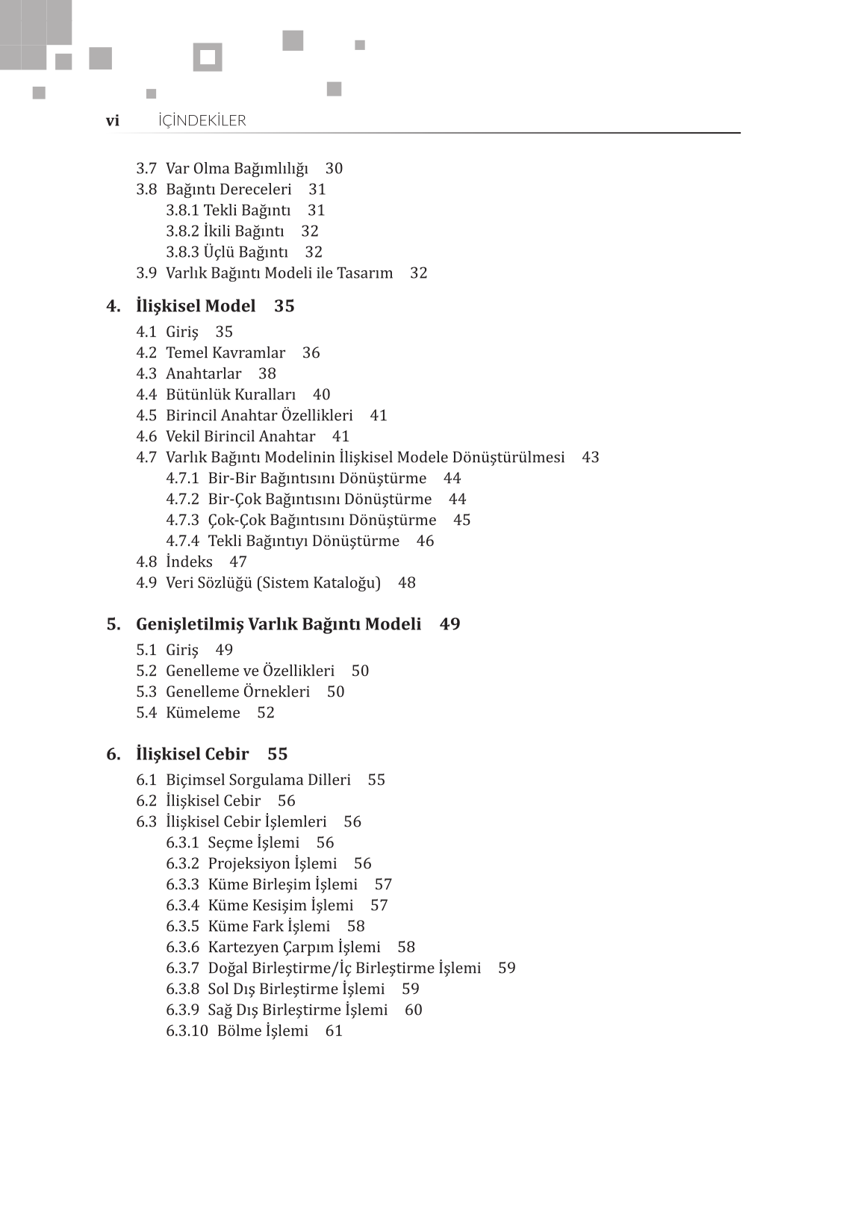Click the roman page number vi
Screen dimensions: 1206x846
click(x=112, y=121)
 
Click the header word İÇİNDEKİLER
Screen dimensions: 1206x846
click(x=202, y=121)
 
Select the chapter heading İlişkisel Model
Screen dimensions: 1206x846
click(x=196, y=306)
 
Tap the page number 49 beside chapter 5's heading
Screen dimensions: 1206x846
click(x=450, y=624)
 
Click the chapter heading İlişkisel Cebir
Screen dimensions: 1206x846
click(x=193, y=754)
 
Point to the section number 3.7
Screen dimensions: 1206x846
click(x=146, y=169)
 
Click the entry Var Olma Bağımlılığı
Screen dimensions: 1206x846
click(x=237, y=169)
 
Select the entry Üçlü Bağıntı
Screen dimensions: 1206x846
click(x=246, y=252)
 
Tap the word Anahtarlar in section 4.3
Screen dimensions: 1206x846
click(x=204, y=374)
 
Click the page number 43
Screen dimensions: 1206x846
click(x=591, y=458)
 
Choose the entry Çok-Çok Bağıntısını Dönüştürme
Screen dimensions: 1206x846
click(x=322, y=520)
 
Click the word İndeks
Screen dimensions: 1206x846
click(x=189, y=562)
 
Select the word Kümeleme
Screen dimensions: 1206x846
click(x=203, y=713)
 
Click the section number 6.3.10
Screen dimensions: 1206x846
click(x=187, y=1031)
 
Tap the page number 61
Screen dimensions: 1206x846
click(x=334, y=1031)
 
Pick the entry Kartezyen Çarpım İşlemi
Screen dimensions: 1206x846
click(x=294, y=948)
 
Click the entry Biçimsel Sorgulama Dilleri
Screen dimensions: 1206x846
click(x=258, y=780)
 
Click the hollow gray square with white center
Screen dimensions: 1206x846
click(x=208, y=57)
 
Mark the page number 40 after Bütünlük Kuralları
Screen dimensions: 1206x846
click(x=321, y=395)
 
